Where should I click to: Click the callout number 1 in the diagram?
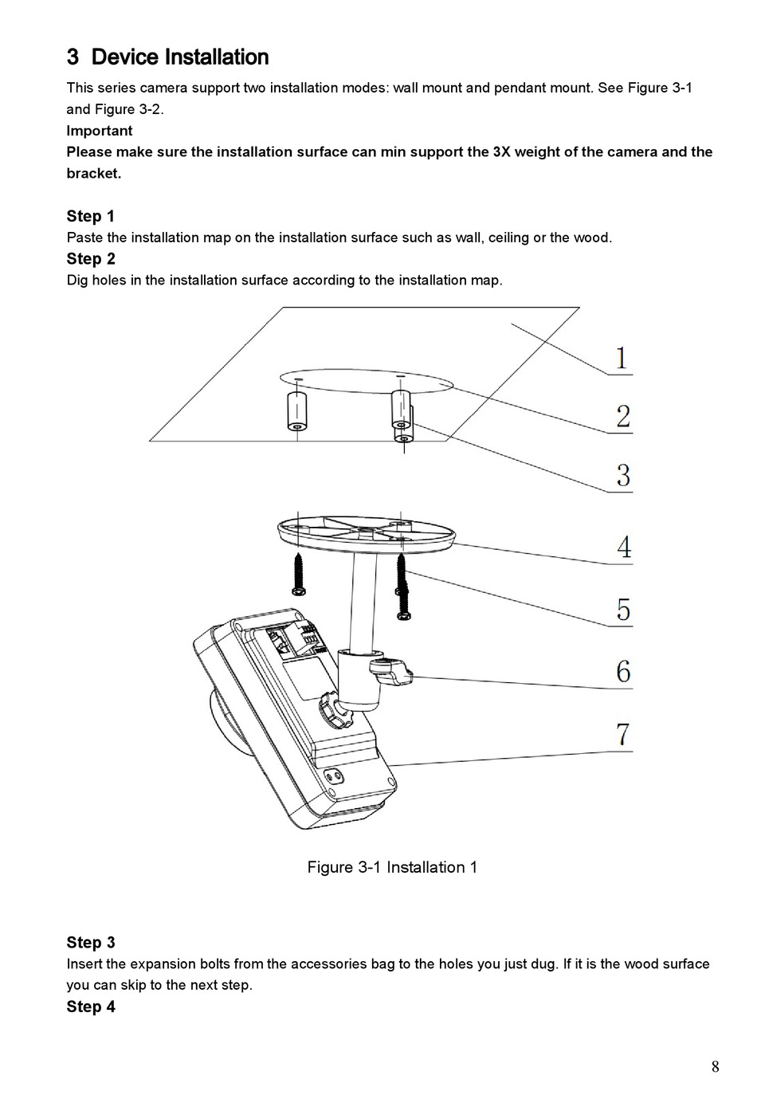click(x=621, y=358)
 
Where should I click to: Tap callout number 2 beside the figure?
click(x=622, y=417)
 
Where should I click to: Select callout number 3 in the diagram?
click(x=623, y=475)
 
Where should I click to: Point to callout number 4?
click(x=624, y=547)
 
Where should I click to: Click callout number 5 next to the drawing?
click(x=623, y=610)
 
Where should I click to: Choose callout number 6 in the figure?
click(x=623, y=671)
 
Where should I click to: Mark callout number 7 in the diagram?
click(x=623, y=734)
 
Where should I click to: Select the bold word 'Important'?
click(x=100, y=131)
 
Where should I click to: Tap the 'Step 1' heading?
click(x=91, y=216)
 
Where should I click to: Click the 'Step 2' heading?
click(x=91, y=258)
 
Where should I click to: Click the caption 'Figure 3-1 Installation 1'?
click(x=392, y=867)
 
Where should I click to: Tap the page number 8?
click(x=715, y=1066)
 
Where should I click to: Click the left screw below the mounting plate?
click(x=298, y=574)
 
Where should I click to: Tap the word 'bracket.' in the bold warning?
click(x=94, y=174)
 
